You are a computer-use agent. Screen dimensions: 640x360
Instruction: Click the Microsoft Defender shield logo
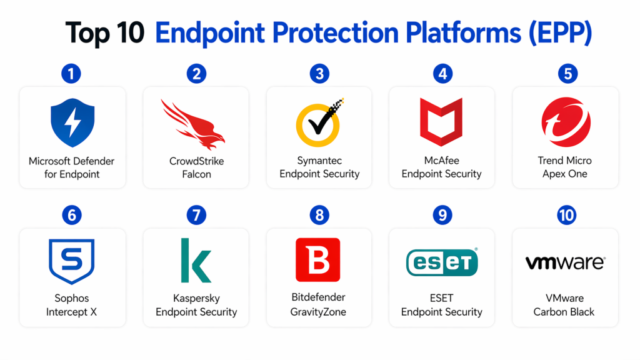click(x=72, y=122)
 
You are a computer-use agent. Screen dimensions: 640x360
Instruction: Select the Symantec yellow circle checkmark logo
click(x=319, y=122)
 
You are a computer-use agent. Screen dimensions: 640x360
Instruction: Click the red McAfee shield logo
click(x=441, y=122)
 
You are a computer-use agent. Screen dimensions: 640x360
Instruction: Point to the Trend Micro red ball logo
click(x=566, y=122)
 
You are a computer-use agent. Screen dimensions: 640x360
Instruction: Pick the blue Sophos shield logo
click(x=72, y=261)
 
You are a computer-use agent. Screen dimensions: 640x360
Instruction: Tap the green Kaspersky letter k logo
click(x=196, y=261)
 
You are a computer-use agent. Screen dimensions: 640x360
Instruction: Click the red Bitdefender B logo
click(x=318, y=260)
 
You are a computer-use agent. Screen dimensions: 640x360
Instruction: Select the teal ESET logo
click(x=442, y=262)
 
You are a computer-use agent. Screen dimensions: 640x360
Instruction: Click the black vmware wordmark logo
click(x=565, y=263)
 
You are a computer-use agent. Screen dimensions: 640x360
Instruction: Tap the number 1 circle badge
click(x=71, y=74)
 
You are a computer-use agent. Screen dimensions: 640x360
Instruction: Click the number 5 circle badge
click(x=567, y=74)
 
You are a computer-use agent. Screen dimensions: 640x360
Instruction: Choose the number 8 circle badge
click(x=319, y=215)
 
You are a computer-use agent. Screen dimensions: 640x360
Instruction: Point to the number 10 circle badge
click(x=566, y=215)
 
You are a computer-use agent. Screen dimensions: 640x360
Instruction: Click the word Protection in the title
click(x=335, y=32)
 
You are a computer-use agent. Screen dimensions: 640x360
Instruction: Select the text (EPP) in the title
click(x=561, y=33)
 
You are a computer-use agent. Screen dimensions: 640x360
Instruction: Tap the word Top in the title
click(x=87, y=34)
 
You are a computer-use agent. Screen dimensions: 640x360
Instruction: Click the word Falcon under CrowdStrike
click(x=196, y=174)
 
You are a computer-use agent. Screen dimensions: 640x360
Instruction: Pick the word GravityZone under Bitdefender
click(x=318, y=312)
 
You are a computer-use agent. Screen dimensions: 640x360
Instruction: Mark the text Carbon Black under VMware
click(x=564, y=312)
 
